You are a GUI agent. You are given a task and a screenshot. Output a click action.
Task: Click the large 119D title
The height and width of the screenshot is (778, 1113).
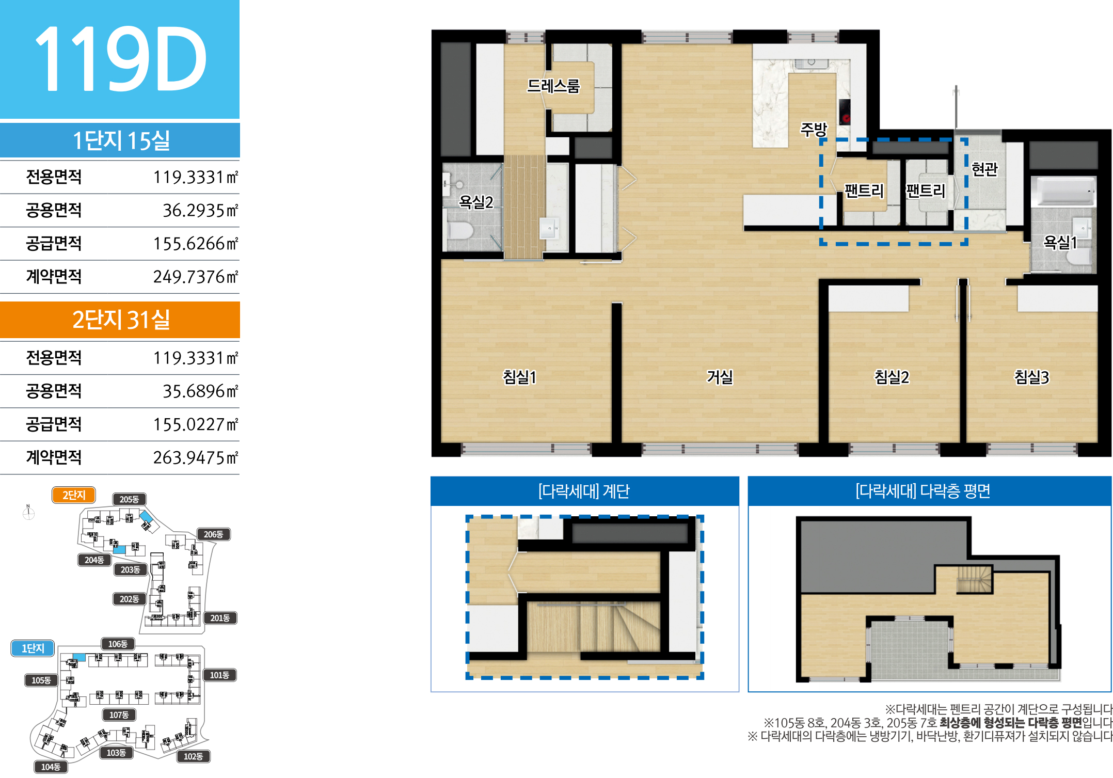pyautogui.click(x=121, y=59)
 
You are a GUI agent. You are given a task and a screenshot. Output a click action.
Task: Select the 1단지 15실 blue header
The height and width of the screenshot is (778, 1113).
pyautogui.click(x=120, y=140)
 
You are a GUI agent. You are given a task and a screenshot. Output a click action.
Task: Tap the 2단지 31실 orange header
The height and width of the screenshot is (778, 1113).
pyautogui.click(x=120, y=320)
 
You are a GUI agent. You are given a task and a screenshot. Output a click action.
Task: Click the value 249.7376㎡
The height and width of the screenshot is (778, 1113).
pyautogui.click(x=196, y=277)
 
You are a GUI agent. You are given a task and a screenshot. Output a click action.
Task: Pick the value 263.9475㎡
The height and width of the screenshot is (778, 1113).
pyautogui.click(x=196, y=457)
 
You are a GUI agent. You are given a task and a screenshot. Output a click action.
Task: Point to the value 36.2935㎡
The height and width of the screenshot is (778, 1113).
pyautogui.click(x=200, y=210)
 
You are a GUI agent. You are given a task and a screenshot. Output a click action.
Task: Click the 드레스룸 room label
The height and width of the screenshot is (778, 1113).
pyautogui.click(x=553, y=86)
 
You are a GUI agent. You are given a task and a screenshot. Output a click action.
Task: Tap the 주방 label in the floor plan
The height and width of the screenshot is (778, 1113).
pyautogui.click(x=814, y=129)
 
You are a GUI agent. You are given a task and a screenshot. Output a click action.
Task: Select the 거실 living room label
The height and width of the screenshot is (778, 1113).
pyautogui.click(x=720, y=377)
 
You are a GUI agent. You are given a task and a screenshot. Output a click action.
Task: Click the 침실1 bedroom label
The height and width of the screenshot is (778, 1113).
pyautogui.click(x=520, y=377)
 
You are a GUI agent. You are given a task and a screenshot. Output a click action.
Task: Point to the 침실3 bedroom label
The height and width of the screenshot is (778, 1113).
pyautogui.click(x=1032, y=377)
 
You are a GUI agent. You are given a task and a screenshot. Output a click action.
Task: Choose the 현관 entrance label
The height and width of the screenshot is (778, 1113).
pyautogui.click(x=985, y=169)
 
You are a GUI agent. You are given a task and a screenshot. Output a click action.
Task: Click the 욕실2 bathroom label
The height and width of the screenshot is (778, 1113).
pyautogui.click(x=476, y=202)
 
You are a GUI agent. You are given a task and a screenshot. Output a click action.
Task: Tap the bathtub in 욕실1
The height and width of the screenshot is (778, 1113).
pyautogui.click(x=1063, y=191)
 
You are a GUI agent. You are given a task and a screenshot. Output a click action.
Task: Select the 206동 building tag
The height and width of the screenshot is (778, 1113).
pyautogui.click(x=213, y=534)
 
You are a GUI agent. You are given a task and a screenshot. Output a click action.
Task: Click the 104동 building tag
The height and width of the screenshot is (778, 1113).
pyautogui.click(x=51, y=767)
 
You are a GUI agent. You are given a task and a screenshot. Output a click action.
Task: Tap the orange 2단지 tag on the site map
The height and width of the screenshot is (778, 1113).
pyautogui.click(x=74, y=495)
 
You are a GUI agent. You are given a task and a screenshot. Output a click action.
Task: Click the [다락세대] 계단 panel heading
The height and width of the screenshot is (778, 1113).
pyautogui.click(x=584, y=491)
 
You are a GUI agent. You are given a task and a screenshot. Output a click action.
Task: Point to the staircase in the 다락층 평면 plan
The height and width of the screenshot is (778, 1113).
pyautogui.click(x=975, y=579)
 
